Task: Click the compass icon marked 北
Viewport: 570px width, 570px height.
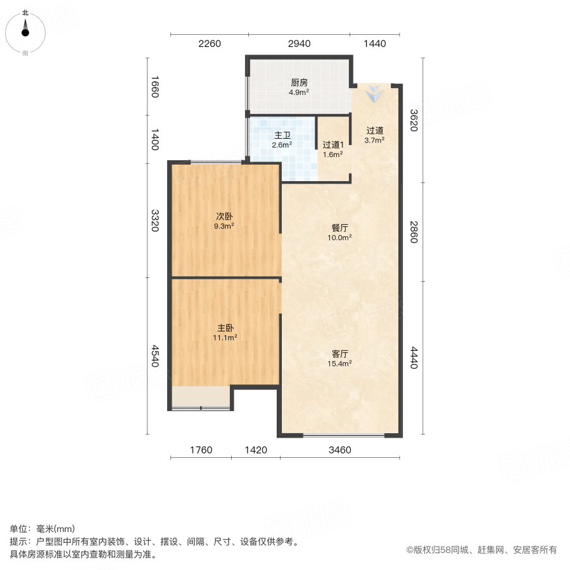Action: point(25,30)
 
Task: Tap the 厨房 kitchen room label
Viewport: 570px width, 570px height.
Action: point(299,82)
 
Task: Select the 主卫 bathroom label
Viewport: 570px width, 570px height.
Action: point(282,136)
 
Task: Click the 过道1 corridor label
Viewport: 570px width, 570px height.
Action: point(332,144)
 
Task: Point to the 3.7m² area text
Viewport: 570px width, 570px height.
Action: point(375,140)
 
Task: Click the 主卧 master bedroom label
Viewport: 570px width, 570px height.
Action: point(225,328)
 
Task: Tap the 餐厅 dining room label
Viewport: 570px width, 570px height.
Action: point(339,227)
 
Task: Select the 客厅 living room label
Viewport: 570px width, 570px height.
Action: point(339,353)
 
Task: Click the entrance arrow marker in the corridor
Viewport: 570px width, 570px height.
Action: point(375,94)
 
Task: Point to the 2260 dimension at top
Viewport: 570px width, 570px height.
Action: point(209,44)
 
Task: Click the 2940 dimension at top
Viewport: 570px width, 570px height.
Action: point(299,44)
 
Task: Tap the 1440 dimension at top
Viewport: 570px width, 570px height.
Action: point(375,44)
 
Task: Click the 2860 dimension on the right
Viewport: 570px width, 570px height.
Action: point(414,232)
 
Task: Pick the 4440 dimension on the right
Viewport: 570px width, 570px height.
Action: point(414,358)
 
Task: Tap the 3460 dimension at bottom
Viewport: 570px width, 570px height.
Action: point(340,450)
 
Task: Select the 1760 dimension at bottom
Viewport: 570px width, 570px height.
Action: point(201,450)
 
